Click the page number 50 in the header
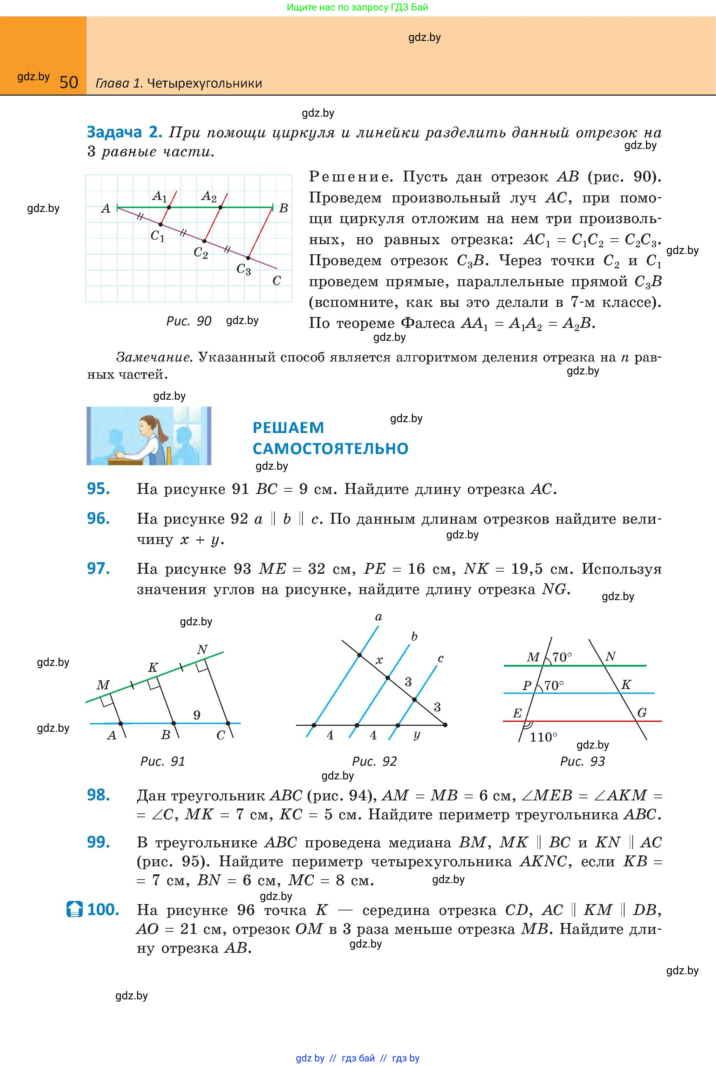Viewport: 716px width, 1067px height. (69, 82)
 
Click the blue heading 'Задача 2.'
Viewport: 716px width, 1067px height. (124, 132)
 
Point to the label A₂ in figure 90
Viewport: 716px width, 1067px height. (209, 197)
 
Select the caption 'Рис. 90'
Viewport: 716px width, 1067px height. (189, 321)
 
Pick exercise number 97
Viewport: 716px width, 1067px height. (98, 569)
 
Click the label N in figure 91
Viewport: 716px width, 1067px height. (202, 649)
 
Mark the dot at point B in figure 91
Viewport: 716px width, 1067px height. (173, 723)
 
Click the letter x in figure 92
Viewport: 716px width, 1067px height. (379, 660)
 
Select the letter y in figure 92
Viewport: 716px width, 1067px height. (416, 735)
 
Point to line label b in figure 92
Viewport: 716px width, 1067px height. (414, 636)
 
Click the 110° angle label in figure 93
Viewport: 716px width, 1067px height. (543, 737)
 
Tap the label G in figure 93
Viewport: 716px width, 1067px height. (642, 713)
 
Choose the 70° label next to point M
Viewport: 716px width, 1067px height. (562, 657)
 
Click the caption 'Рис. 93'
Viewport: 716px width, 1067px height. (582, 761)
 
